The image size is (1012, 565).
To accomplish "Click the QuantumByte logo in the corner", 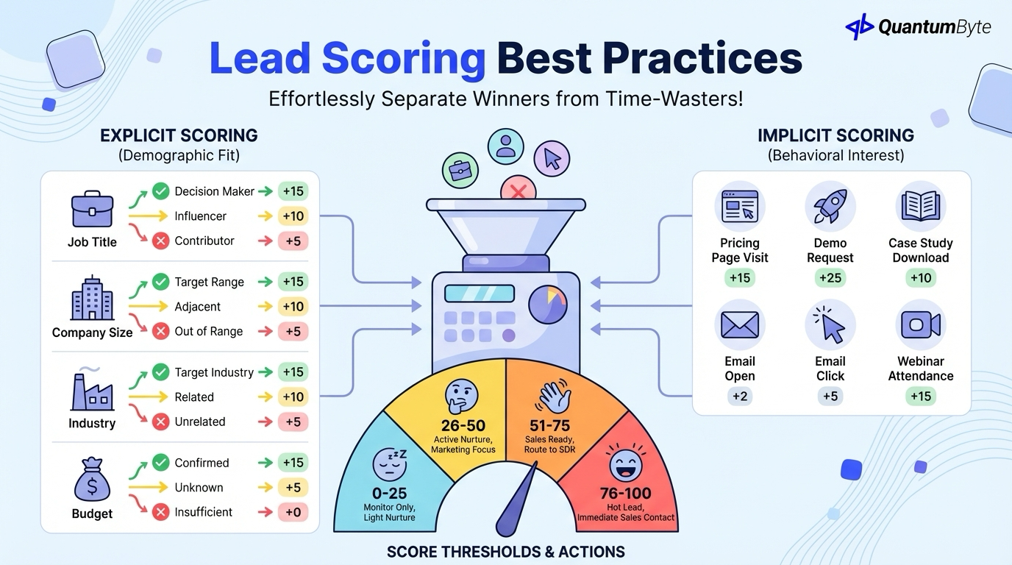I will [918, 27].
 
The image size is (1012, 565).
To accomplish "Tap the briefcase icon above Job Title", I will [92, 210].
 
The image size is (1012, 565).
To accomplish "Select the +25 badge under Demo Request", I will [830, 278].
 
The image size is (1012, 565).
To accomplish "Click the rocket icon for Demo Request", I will [830, 207].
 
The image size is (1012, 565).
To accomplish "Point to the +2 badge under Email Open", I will [739, 397].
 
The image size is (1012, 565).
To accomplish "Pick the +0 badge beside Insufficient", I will [293, 512].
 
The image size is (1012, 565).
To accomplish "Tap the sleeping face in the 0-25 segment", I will [389, 463].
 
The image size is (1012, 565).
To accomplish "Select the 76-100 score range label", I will [625, 493].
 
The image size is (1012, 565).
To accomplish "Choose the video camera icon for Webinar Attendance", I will [920, 324].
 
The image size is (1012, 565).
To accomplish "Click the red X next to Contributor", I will [161, 241].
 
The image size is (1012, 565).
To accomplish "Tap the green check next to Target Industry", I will [161, 372].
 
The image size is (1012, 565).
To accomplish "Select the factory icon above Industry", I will [92, 391].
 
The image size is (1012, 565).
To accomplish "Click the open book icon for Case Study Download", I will [920, 207].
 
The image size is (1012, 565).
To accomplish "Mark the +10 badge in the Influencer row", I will [293, 216].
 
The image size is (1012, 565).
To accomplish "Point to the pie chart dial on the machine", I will [548, 305].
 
